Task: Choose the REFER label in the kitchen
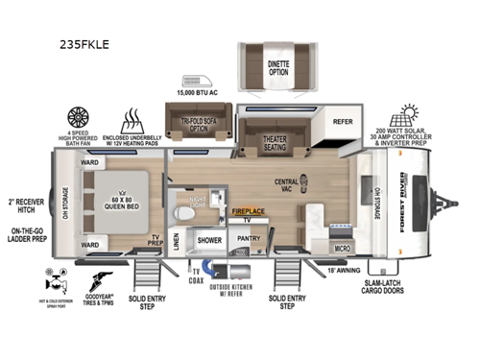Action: click(x=344, y=122)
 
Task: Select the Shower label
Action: click(x=208, y=240)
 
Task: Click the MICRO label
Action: click(x=343, y=248)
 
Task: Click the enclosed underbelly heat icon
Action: click(x=132, y=121)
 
